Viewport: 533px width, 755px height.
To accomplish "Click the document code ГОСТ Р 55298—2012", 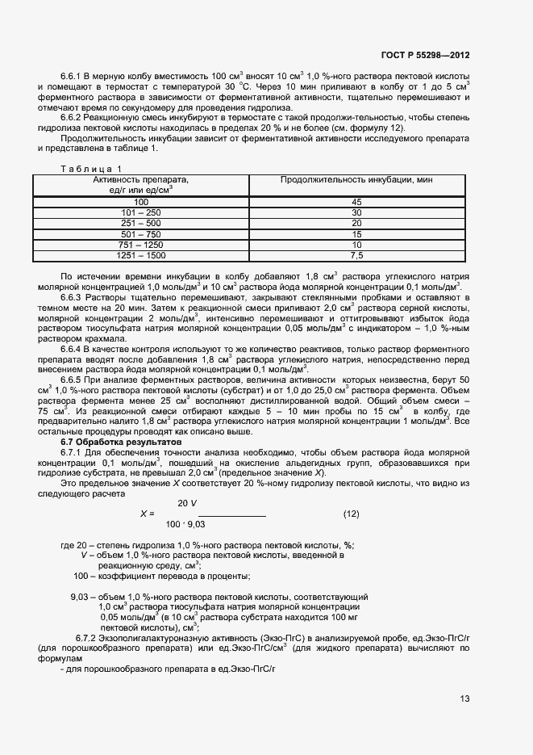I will coord(425,56).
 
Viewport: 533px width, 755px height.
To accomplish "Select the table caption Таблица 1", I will coord(88,168).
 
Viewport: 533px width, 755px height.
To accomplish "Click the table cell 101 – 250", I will coord(141,212).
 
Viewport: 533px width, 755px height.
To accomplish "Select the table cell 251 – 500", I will coord(141,223).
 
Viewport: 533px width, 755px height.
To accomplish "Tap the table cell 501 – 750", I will coord(141,234).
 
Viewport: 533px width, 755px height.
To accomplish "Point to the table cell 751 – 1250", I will coord(141,245).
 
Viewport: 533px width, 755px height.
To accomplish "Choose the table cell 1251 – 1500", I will coord(141,256).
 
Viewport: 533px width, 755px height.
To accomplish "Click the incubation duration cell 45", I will coord(356,201).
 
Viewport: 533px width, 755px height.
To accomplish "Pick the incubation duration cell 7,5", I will coord(356,256).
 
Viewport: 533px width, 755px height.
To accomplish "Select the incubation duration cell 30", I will coord(356,212).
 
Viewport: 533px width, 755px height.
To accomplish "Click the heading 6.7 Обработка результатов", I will coord(121,442).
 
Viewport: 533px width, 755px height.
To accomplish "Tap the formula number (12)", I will coord(351,514).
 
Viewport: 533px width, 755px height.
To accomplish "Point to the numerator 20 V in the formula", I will coord(188,503).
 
